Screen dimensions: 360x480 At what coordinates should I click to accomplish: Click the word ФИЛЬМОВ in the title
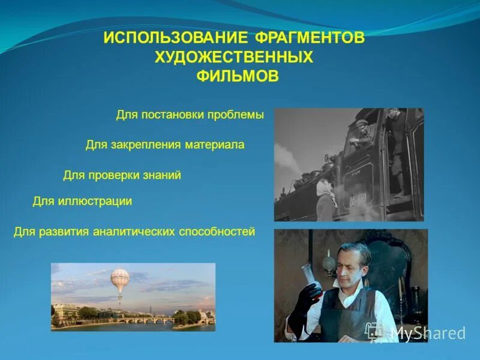coord(238,77)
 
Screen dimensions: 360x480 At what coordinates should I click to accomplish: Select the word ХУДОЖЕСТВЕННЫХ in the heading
coord(234,58)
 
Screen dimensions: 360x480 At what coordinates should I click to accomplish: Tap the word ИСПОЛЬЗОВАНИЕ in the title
coord(176,38)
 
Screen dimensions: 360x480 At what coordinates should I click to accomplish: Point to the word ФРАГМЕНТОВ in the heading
coord(310,38)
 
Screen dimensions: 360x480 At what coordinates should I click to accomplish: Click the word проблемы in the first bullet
coord(236,115)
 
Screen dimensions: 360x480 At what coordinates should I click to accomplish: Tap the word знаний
coord(160,175)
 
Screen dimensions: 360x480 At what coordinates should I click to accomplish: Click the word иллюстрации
coord(95,201)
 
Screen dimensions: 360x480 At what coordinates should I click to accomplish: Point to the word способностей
coord(217,231)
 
